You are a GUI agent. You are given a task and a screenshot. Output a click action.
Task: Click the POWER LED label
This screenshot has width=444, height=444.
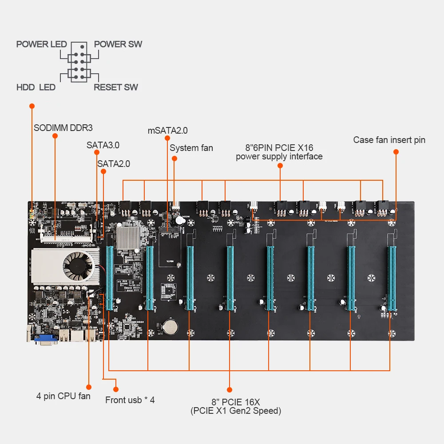point(41,44)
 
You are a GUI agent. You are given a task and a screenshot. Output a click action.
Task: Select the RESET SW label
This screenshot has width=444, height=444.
point(115,87)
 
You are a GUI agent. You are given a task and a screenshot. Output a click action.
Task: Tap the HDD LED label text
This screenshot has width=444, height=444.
point(36,87)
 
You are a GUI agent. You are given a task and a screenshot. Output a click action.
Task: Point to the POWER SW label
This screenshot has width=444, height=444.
point(118,44)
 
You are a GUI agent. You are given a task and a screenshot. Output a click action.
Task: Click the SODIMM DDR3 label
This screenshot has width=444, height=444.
point(63,128)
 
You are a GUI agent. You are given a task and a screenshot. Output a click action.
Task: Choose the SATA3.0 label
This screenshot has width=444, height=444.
point(103,145)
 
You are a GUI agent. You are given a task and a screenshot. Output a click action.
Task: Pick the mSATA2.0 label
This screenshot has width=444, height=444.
point(167,131)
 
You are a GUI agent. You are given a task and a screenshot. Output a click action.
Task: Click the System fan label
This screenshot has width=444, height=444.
point(191,148)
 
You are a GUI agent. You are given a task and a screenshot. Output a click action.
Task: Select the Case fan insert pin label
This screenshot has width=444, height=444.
point(389,140)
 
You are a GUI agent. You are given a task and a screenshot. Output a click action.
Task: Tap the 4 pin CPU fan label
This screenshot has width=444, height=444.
point(63,396)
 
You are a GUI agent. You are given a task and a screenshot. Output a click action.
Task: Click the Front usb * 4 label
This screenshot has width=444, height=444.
point(130,400)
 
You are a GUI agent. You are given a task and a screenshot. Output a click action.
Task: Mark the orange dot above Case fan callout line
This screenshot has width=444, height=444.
point(396,152)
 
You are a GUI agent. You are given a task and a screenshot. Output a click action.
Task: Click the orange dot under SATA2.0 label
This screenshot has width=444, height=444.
point(103,171)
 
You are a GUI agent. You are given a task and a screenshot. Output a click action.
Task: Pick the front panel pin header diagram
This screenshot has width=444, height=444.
point(79,63)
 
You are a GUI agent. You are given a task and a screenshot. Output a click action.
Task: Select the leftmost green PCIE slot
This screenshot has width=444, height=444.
point(109,277)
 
